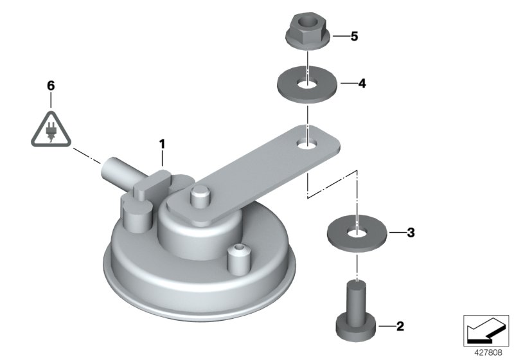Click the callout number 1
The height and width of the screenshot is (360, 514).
tap(162, 144)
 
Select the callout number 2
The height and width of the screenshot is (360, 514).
tap(400, 326)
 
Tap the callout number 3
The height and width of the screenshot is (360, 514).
tap(411, 233)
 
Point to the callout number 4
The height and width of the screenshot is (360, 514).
tap(362, 84)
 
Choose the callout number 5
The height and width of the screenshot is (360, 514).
tap(354, 37)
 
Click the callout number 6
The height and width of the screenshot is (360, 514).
tap(51, 86)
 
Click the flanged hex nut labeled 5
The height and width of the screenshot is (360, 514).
tap(308, 31)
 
